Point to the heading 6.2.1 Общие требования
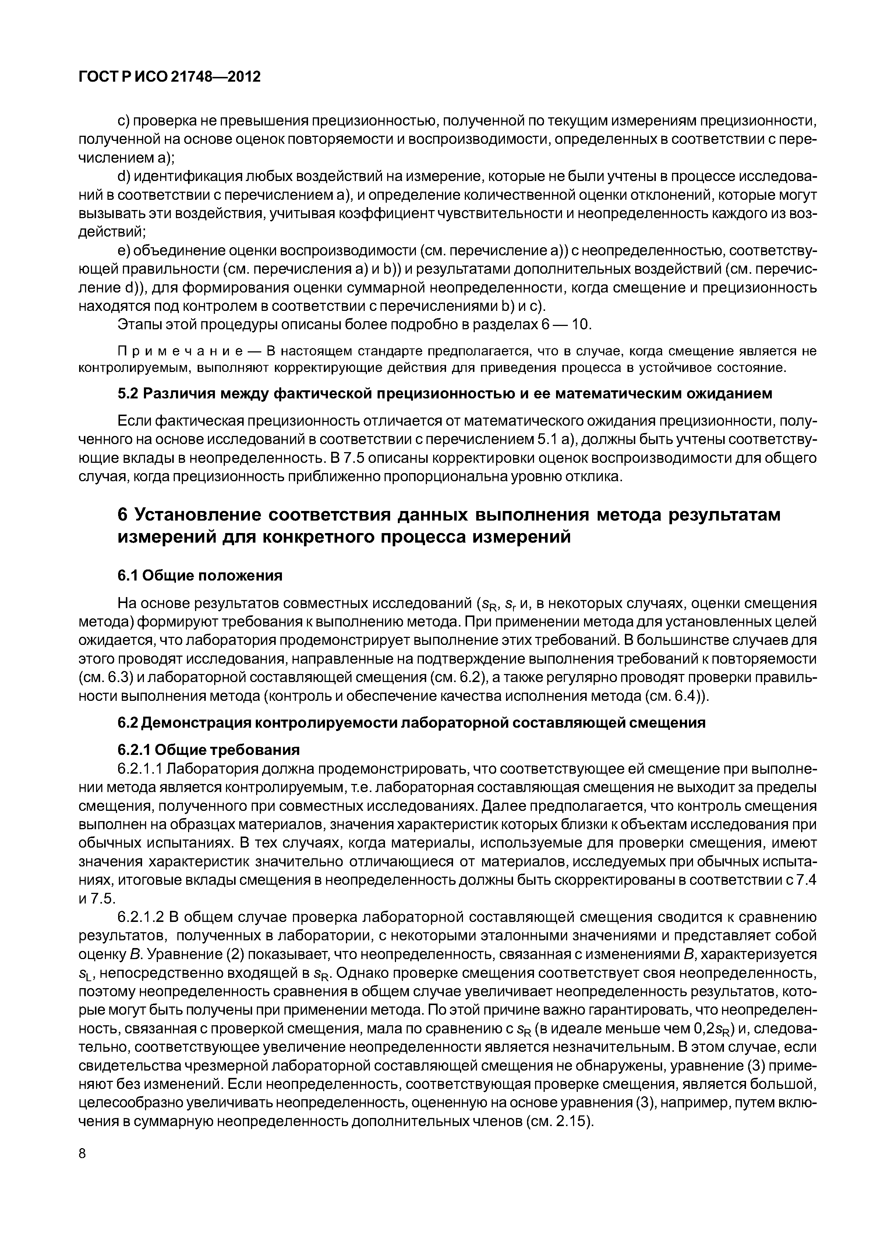tap(209, 750)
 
